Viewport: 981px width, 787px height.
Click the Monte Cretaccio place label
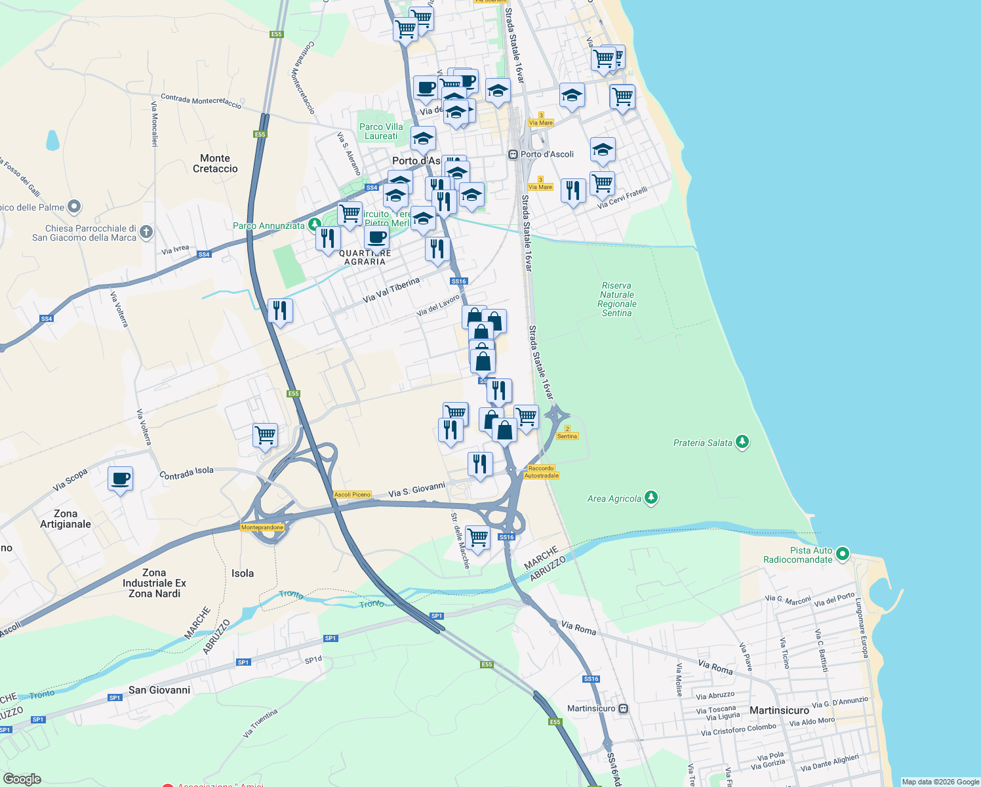point(215,163)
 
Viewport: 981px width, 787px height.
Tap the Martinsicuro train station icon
point(624,709)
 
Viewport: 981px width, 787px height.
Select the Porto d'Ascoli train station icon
point(513,155)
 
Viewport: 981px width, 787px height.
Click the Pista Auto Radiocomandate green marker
point(843,554)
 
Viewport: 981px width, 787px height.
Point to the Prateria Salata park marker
point(742,442)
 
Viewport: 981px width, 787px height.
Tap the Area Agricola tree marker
point(651,498)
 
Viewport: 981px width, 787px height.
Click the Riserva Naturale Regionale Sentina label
point(616,300)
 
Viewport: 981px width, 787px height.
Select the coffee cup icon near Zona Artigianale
point(120,479)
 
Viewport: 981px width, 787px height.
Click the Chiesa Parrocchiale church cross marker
point(146,231)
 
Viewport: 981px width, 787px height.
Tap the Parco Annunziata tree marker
point(314,225)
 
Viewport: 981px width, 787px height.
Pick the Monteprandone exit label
point(262,527)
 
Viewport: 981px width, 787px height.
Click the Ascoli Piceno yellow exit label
point(352,494)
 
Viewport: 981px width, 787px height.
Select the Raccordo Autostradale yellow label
point(542,472)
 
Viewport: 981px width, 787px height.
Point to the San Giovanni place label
point(159,690)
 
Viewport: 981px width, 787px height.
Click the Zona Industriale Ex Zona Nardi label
point(154,583)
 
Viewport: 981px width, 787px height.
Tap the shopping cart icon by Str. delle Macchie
point(478,537)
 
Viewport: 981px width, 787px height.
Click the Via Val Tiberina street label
point(391,290)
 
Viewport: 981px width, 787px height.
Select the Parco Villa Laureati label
point(381,131)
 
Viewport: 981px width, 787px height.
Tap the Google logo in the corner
point(22,778)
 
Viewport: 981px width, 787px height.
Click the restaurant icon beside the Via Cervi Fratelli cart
point(573,191)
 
